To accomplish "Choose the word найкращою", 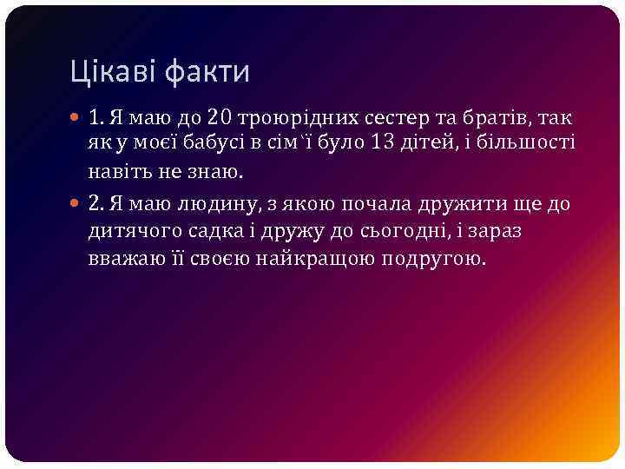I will tap(325, 258).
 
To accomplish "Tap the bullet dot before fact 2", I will tap(77, 205).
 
